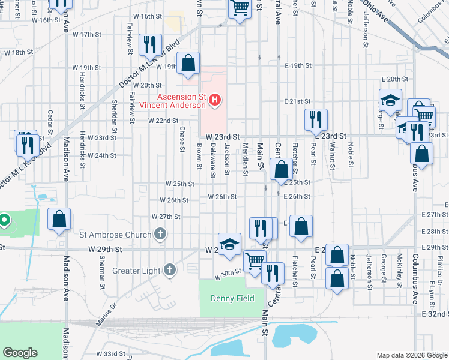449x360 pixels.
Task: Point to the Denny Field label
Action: coord(232,298)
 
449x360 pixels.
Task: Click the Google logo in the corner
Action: coord(20,352)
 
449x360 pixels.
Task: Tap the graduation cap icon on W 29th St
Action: coord(229,244)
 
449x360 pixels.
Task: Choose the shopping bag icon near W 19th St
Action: coord(188,64)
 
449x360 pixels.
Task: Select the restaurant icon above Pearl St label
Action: coord(315,120)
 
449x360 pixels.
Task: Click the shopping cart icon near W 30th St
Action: coord(255,262)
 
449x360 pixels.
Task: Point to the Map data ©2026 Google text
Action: coord(411,355)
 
